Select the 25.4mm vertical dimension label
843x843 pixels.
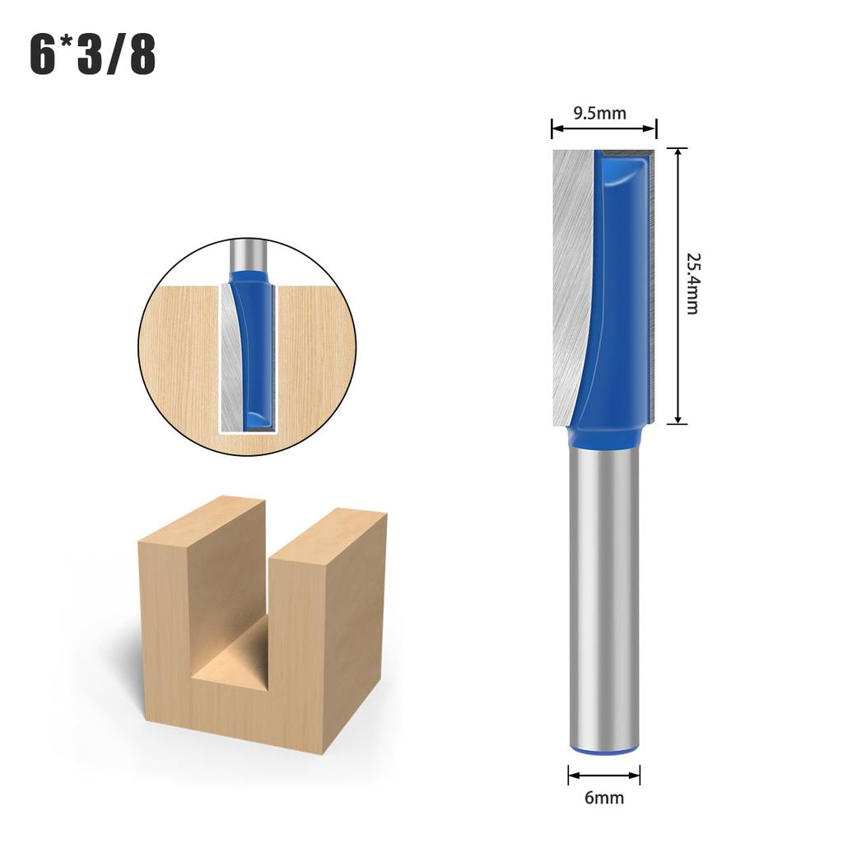692,283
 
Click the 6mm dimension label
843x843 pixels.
604,797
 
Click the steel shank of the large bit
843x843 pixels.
604,593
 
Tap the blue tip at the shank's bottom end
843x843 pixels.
604,750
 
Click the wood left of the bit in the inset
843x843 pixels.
177,354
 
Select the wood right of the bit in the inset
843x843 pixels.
317,354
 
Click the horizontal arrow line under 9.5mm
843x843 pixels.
603,128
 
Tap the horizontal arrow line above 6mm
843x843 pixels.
604,775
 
